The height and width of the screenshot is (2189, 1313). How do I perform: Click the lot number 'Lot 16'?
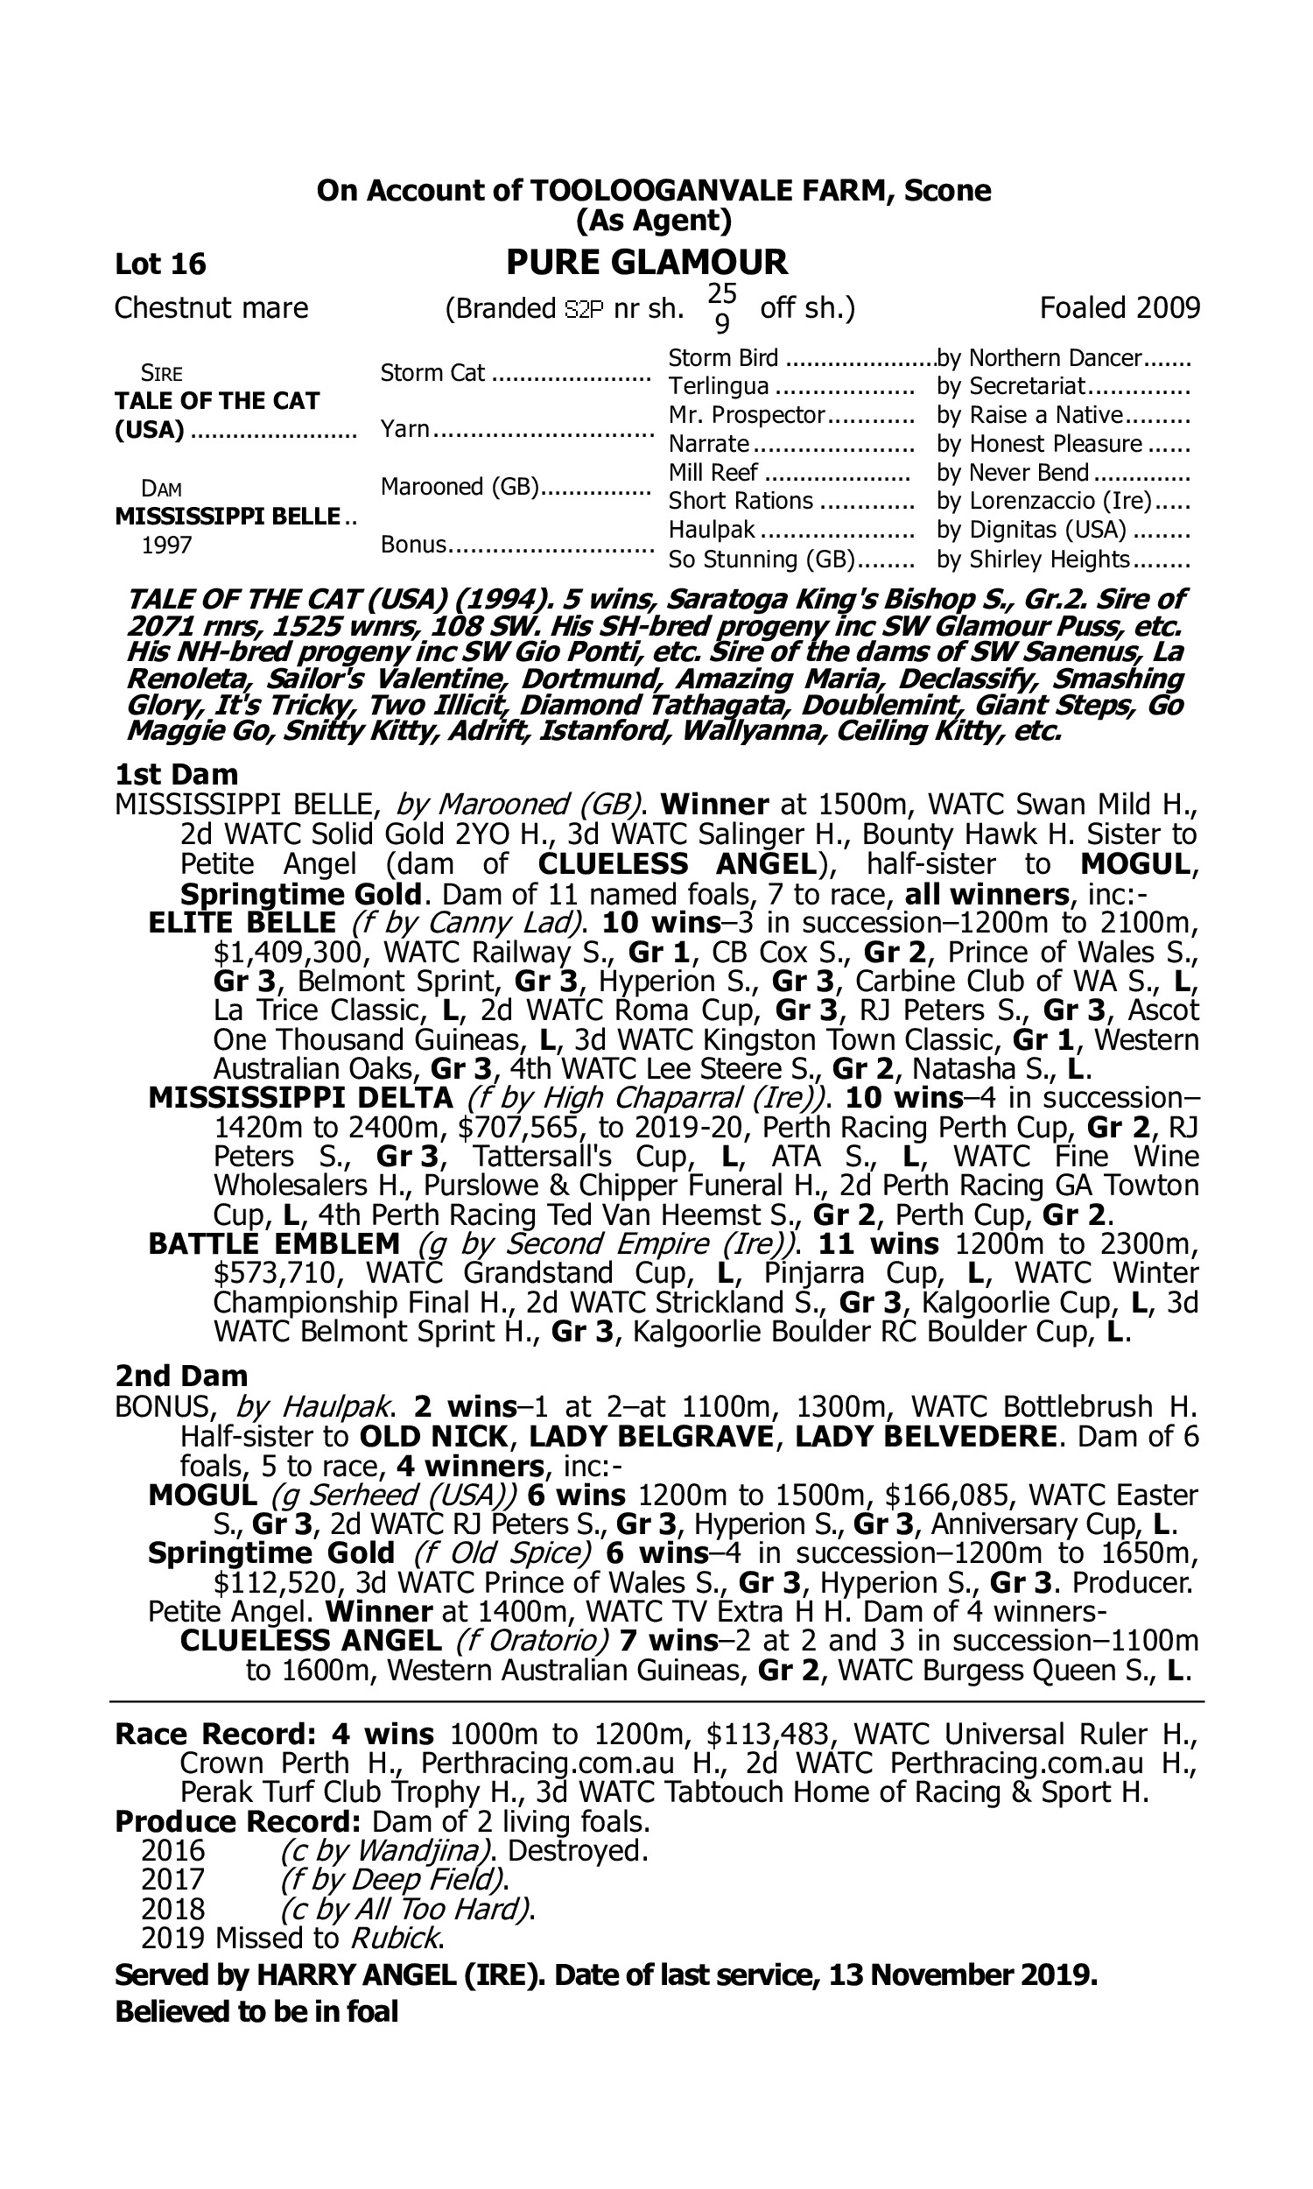click(x=160, y=264)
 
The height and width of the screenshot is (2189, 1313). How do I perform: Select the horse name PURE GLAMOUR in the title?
click(x=647, y=262)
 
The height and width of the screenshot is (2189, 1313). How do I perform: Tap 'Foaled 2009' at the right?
click(x=1120, y=308)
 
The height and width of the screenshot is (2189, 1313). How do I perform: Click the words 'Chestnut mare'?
click(x=212, y=308)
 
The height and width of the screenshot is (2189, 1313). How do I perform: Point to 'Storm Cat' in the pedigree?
click(x=432, y=372)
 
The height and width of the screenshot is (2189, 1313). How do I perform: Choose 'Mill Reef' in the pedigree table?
click(x=713, y=473)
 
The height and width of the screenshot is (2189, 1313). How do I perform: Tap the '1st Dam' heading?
click(x=177, y=774)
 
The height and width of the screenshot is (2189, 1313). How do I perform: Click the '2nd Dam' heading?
click(x=181, y=1376)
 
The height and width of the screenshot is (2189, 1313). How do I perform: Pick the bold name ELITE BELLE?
click(x=242, y=923)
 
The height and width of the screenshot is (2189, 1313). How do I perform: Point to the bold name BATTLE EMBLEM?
click(x=274, y=1244)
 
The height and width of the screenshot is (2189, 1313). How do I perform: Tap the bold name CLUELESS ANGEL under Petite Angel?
click(x=311, y=1640)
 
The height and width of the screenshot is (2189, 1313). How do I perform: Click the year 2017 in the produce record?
click(x=172, y=1879)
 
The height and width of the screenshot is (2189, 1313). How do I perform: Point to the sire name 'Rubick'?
click(x=396, y=1938)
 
